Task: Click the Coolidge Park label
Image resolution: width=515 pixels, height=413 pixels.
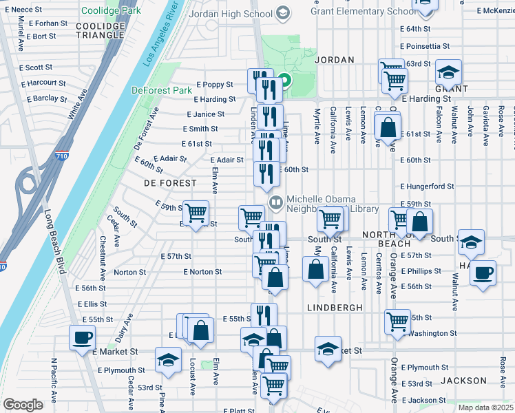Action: pos(111,10)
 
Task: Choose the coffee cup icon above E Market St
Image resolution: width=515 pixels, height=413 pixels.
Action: pos(82,337)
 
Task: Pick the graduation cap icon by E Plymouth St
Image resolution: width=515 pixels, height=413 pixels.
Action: pos(168,359)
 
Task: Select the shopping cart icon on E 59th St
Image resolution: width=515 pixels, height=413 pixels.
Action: pos(196,212)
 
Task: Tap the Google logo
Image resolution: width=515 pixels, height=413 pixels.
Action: pos(23,405)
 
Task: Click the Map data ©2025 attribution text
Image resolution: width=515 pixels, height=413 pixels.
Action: pos(485,407)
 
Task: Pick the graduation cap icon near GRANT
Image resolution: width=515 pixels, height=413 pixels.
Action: pos(448,72)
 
